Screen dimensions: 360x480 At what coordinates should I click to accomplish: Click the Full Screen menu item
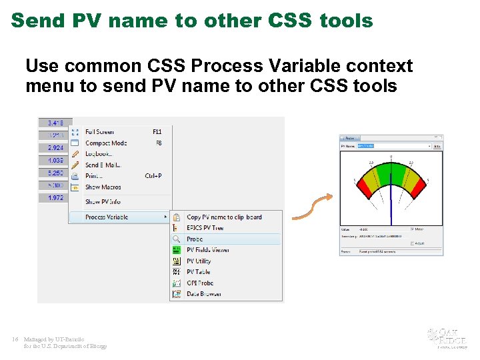pyautogui.click(x=99, y=132)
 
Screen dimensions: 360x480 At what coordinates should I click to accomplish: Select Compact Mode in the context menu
pyautogui.click(x=105, y=143)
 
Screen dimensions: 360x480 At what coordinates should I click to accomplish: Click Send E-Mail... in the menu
pyautogui.click(x=103, y=165)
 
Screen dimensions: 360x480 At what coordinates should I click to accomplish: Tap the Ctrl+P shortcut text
pyautogui.click(x=153, y=176)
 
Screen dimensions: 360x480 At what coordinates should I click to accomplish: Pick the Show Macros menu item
pyautogui.click(x=103, y=187)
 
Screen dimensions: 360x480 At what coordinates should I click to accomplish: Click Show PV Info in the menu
pyautogui.click(x=103, y=202)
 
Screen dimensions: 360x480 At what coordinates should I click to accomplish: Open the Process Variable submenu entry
pyautogui.click(x=107, y=217)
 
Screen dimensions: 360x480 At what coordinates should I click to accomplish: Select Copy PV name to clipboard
pyautogui.click(x=224, y=217)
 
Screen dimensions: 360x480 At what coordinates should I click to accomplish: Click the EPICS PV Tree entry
pyautogui.click(x=205, y=228)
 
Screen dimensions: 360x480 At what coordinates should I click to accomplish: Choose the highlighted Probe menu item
pyautogui.click(x=195, y=239)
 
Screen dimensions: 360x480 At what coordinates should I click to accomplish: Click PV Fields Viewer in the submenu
pyautogui.click(x=207, y=250)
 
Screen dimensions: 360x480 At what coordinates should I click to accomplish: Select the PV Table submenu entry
pyautogui.click(x=198, y=272)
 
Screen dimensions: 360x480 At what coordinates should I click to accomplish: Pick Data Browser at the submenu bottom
pyautogui.click(x=203, y=294)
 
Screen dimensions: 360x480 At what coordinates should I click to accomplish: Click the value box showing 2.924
pyautogui.click(x=55, y=147)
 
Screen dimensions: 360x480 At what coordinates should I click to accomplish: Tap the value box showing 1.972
pyautogui.click(x=55, y=198)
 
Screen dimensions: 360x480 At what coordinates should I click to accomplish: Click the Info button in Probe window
pyautogui.click(x=437, y=146)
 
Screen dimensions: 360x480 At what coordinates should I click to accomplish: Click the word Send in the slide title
pyautogui.click(x=37, y=21)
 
